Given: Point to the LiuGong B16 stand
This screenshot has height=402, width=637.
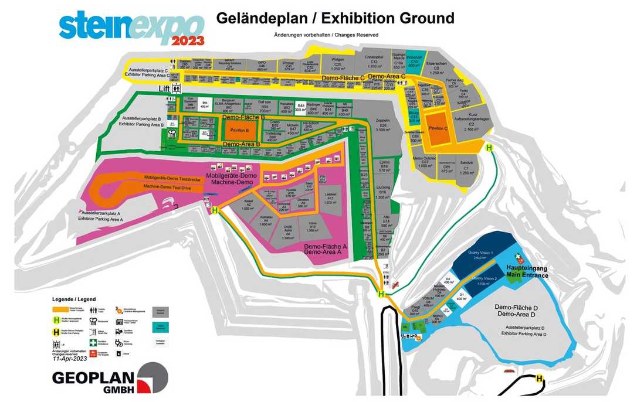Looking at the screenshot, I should tap(382, 193).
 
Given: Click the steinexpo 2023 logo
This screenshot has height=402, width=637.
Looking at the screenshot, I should tap(131, 28).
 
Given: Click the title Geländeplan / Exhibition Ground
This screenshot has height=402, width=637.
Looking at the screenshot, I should tap(335, 18).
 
